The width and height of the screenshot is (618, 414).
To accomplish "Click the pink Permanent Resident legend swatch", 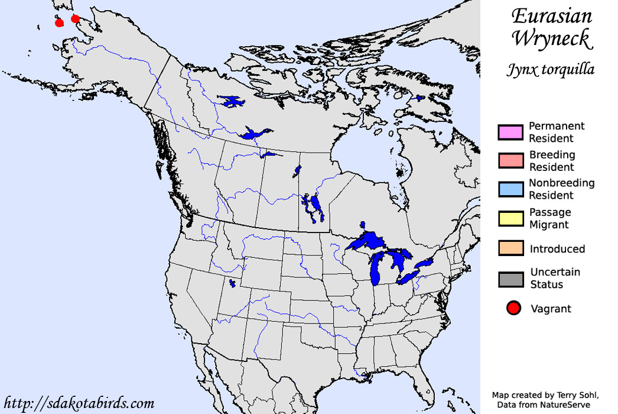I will pos(510,132).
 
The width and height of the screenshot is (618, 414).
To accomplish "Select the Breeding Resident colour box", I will pos(510,161).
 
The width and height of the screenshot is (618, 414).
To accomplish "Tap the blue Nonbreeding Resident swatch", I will pos(510,189).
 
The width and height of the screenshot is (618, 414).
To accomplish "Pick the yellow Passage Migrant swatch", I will pos(510,218).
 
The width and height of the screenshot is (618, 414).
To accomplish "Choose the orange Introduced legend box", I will pos(510,248).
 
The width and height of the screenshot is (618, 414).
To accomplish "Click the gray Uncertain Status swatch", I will pos(510,279).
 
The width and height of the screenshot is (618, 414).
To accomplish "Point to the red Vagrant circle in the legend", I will pos(513,308).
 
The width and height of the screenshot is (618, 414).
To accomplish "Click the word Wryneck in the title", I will pos(551,39).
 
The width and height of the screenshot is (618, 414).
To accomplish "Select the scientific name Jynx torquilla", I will pos(550,70).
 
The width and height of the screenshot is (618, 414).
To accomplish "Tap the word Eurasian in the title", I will pos(551,15).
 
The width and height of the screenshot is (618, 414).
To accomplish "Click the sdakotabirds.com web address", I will pos(79,404).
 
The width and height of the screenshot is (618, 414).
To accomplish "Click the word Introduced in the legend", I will pos(557,249).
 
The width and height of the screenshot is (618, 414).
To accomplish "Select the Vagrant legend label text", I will pos(551,309).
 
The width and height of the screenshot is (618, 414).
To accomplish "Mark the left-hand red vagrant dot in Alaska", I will pos(59,22).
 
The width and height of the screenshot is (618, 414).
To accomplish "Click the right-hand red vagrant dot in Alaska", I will pos(75,19).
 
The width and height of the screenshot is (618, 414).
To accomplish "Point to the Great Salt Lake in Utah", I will pos(232,283).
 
